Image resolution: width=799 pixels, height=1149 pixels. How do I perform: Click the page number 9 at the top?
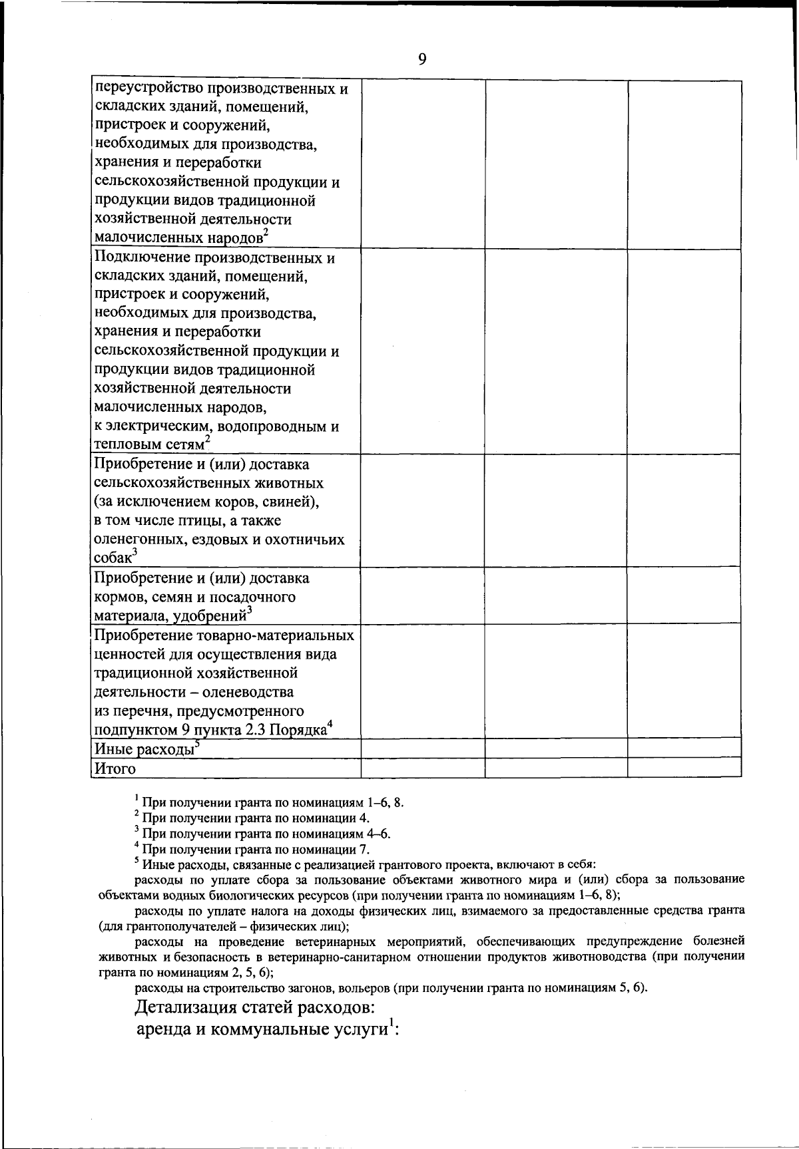tap(422, 60)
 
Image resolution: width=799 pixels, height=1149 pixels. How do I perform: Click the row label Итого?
tap(115, 768)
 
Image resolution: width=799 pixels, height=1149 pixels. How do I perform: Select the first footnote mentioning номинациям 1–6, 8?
tap(273, 802)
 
